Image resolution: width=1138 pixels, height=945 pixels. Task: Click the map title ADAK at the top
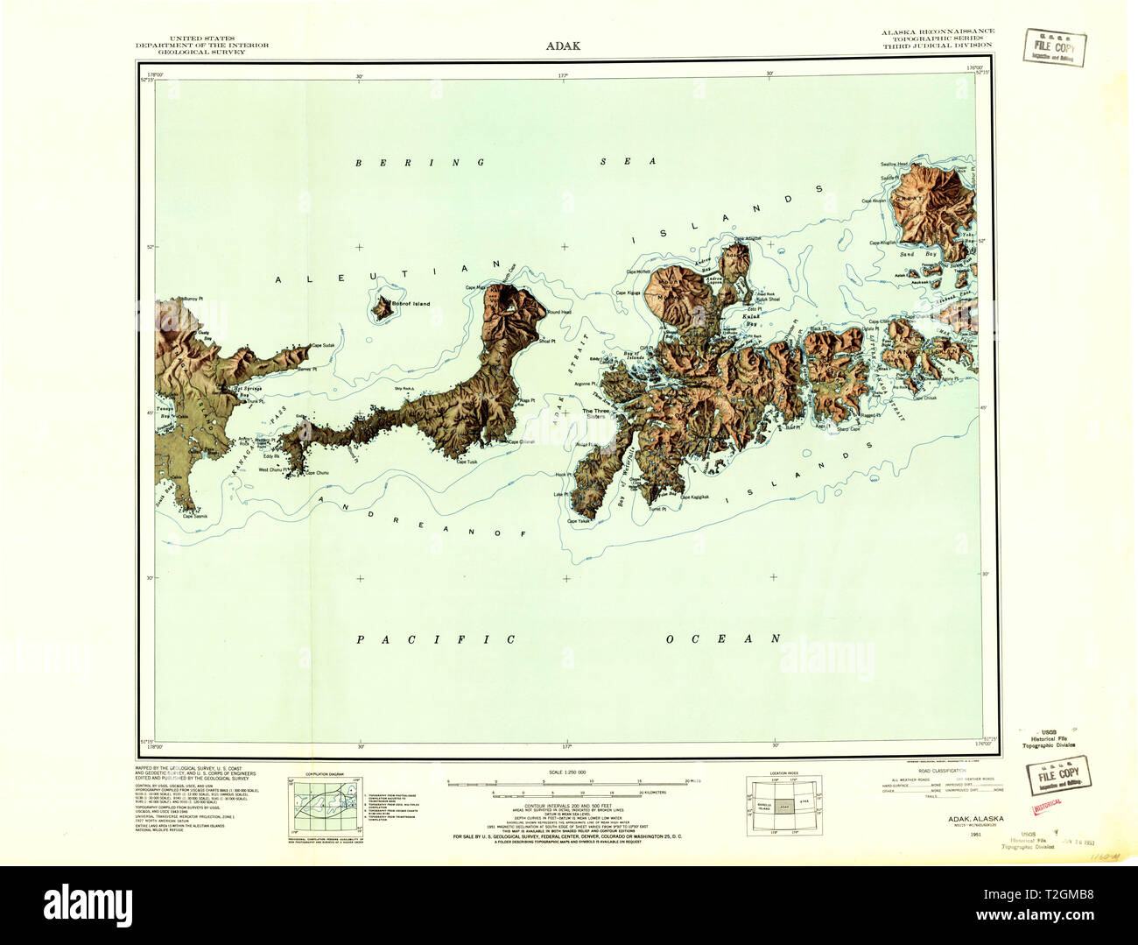click(562, 46)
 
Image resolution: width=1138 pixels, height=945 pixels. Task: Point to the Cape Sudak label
click(322, 346)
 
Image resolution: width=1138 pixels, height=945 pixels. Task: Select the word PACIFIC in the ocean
click(436, 640)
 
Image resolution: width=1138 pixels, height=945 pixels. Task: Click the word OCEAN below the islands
click(722, 638)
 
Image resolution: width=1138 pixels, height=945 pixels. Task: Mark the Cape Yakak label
click(579, 521)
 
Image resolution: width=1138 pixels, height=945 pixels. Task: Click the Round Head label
click(559, 313)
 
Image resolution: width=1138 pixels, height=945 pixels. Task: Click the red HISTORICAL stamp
click(1048, 802)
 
